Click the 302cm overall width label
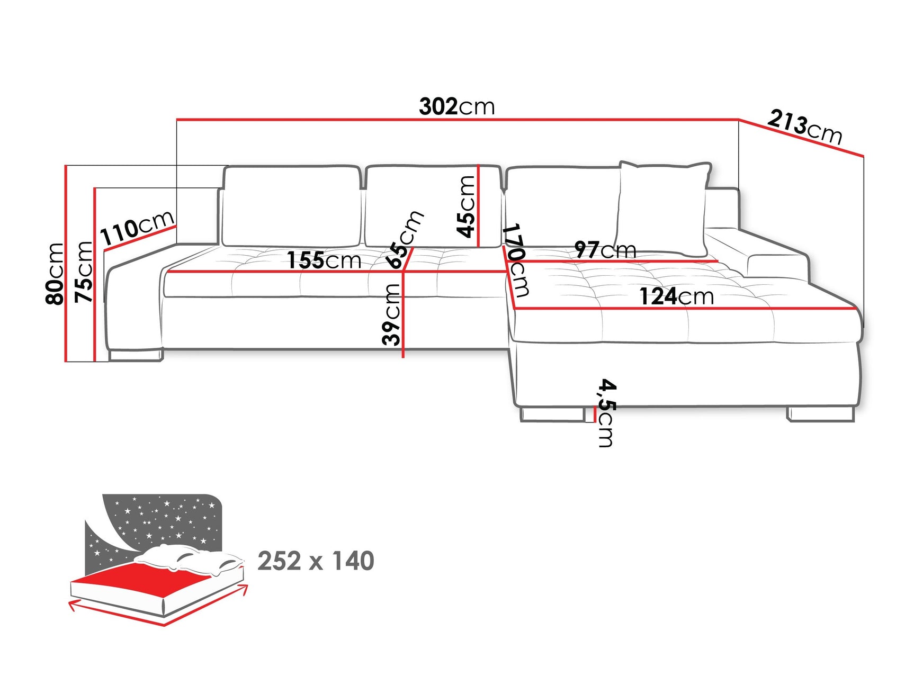(456, 107)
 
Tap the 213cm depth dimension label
(804, 127)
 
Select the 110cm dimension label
(137, 227)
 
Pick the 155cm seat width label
(324, 260)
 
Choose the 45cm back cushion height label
(466, 206)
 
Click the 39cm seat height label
(392, 314)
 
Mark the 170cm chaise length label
(515, 259)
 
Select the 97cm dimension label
(605, 249)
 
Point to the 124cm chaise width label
(676, 296)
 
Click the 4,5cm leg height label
(605, 413)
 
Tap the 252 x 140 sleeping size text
(316, 561)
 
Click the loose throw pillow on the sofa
(662, 209)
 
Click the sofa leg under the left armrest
(135, 355)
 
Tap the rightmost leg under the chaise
(820, 414)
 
